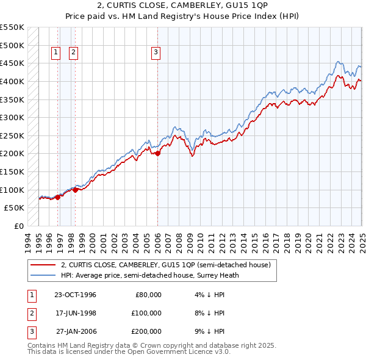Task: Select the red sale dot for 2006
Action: pyautogui.click(x=157, y=154)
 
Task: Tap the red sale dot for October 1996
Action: pyautogui.click(x=57, y=196)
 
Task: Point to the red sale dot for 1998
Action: pyautogui.click(x=75, y=190)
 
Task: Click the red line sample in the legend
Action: pyautogui.click(x=43, y=265)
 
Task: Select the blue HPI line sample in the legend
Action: pyautogui.click(x=43, y=275)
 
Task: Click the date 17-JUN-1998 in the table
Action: pyautogui.click(x=75, y=313)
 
